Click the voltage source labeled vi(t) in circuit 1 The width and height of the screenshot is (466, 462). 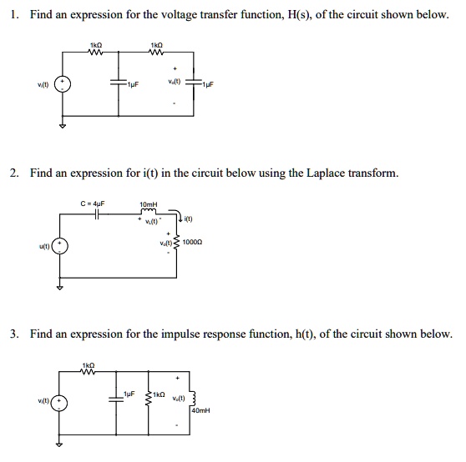click(70, 85)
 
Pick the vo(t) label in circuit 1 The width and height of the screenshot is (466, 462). click(173, 81)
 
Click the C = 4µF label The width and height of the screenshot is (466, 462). click(94, 202)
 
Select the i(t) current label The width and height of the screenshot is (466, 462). click(190, 220)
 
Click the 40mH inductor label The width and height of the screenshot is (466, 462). click(200, 411)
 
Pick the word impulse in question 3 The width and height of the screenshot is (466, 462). click(175, 334)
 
